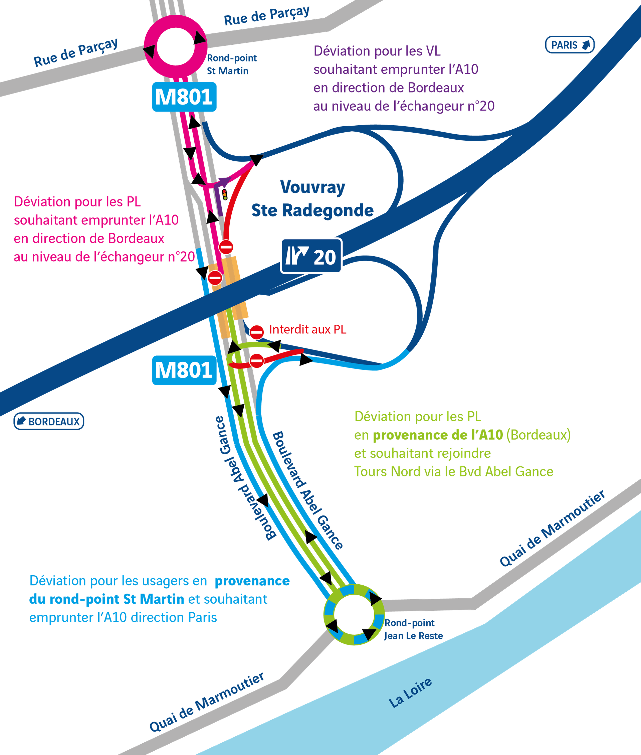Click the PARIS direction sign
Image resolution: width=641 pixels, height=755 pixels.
(x=570, y=45)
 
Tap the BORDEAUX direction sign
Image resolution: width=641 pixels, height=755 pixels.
(x=49, y=421)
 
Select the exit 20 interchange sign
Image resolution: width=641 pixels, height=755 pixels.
(x=311, y=256)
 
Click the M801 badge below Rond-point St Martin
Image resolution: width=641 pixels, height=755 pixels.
(x=184, y=97)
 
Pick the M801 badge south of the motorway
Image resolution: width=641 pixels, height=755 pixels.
(x=184, y=370)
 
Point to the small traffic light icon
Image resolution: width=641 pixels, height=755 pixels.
(x=225, y=194)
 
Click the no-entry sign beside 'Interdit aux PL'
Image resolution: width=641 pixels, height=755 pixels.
(x=256, y=332)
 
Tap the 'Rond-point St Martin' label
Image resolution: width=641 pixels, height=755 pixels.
(x=232, y=64)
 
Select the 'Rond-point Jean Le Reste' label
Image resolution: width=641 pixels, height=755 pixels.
(x=414, y=629)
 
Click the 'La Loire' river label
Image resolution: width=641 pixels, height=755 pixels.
(x=410, y=693)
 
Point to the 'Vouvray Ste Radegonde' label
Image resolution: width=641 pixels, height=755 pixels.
(x=312, y=199)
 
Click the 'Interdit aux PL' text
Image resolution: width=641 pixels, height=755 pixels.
(x=307, y=329)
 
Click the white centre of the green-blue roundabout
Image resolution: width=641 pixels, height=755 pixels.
(x=354, y=614)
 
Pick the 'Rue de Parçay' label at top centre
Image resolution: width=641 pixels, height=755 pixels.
(x=267, y=16)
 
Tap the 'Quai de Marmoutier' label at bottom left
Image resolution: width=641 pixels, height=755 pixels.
(x=206, y=702)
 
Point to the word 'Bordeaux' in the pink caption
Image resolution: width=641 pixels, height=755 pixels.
(x=136, y=238)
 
